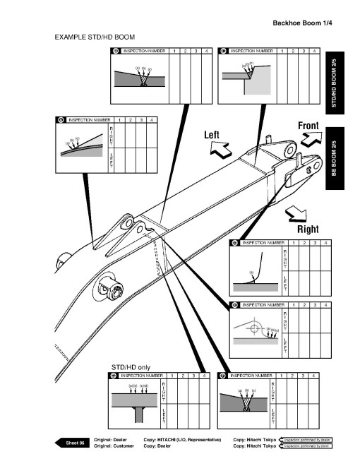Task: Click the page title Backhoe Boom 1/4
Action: [303, 23]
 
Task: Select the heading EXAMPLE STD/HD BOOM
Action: [95, 36]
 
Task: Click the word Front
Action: [308, 126]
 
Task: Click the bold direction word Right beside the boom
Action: [308, 229]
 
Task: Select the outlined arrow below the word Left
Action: [222, 149]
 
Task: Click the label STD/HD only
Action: [131, 366]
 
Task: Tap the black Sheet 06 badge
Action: [76, 442]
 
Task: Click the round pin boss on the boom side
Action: [111, 286]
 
